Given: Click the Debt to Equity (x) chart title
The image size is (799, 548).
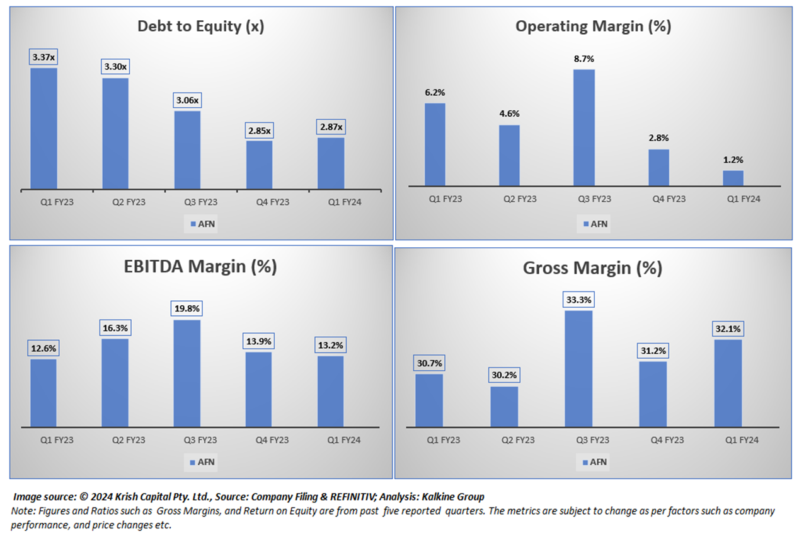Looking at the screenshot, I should pos(200,26).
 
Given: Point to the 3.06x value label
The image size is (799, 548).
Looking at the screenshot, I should pos(187,101).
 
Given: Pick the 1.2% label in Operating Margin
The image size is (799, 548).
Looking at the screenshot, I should pos(733,160).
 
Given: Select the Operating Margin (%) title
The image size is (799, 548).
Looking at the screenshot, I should pos(593,26).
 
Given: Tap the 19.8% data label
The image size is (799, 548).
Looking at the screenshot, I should pos(187,309).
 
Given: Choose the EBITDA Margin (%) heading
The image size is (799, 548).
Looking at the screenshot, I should pos(200,266).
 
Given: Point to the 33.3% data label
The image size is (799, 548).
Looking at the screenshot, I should pos(578,300).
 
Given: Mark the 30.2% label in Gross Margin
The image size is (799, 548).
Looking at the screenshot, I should pos(504,375).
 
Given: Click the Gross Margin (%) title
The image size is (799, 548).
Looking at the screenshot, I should pos(592,268).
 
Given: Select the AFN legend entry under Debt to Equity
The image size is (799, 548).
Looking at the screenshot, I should pos(202,224).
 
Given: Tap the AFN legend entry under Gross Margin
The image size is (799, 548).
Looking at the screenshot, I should pos(594,462).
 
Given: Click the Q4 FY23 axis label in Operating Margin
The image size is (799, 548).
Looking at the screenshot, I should pos(668,199).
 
